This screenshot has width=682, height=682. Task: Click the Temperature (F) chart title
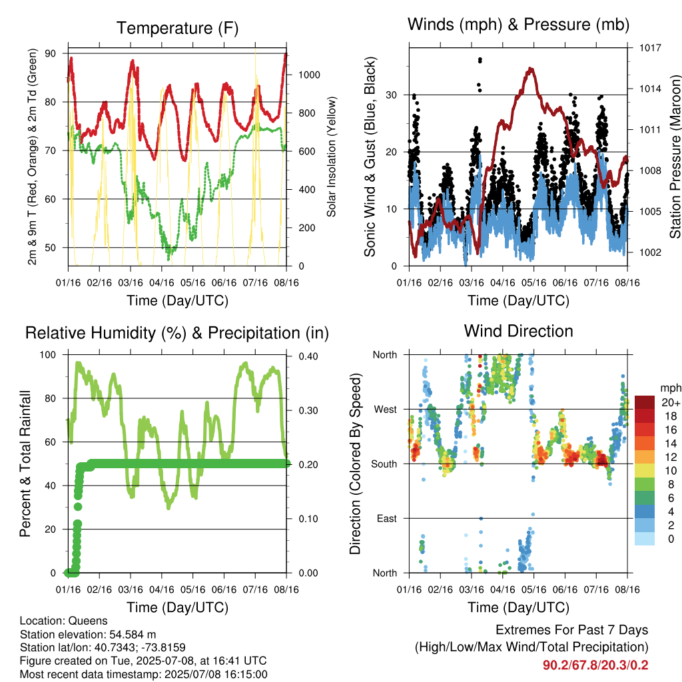[177, 28]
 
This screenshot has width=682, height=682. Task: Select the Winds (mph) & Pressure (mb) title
[518, 25]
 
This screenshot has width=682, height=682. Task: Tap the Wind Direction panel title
[518, 331]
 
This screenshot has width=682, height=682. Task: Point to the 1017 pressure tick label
[650, 48]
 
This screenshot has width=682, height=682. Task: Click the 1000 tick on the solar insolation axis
[309, 75]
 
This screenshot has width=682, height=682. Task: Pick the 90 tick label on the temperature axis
[51, 53]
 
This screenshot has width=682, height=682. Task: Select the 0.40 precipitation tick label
[308, 356]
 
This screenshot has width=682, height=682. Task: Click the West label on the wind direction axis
[386, 410]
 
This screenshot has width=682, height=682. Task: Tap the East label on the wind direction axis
[387, 518]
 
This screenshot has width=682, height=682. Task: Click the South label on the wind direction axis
[384, 464]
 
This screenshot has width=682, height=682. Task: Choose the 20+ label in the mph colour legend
[671, 402]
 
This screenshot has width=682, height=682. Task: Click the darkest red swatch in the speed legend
[645, 402]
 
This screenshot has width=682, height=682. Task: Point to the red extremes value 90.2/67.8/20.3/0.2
[595, 665]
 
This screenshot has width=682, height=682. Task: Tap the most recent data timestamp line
[144, 675]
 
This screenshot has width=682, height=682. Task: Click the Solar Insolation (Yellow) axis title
[332, 157]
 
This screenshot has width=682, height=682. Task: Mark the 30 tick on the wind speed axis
[391, 95]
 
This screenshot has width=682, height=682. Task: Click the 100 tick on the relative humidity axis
[48, 354]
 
